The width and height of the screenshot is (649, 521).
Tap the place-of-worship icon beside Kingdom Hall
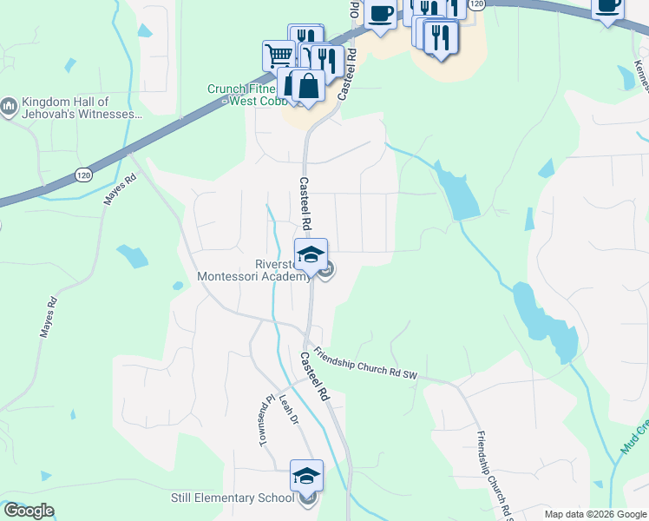click(x=9, y=106)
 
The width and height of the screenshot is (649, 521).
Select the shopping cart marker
click(x=279, y=55)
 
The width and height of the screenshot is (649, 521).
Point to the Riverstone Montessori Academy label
click(x=253, y=270)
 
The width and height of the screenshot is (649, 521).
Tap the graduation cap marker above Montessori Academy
click(x=311, y=254)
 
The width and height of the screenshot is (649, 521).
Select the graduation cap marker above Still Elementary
click(x=305, y=476)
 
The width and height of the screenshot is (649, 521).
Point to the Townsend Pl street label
click(x=265, y=421)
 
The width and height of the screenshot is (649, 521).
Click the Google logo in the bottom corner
click(x=29, y=511)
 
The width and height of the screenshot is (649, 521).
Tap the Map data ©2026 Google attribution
click(x=595, y=514)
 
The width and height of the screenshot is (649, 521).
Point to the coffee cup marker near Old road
click(x=380, y=13)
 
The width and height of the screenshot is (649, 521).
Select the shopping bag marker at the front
click(x=308, y=86)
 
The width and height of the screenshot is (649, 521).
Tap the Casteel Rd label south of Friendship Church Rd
click(x=315, y=375)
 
